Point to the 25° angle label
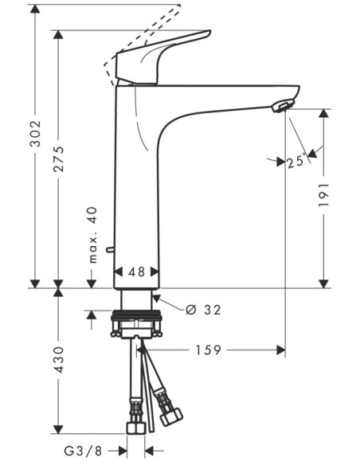296,162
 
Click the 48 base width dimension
137,272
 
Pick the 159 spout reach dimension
209,350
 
